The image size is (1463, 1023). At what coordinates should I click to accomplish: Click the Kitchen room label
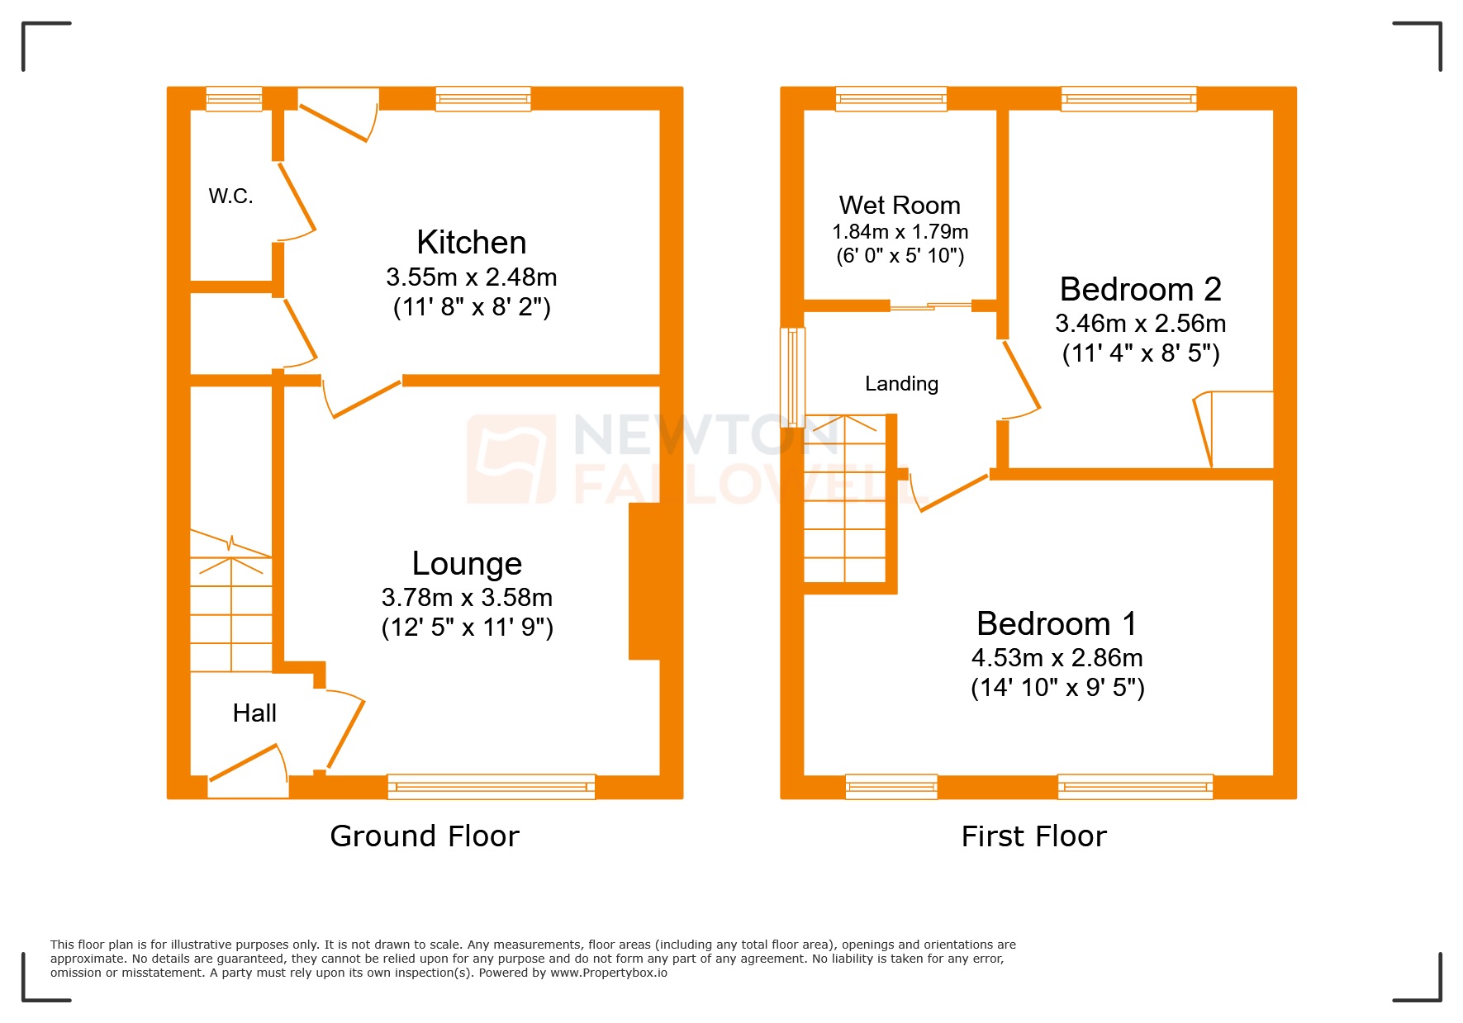[x=471, y=243]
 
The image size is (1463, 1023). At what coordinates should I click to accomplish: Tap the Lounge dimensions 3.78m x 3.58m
[x=467, y=597]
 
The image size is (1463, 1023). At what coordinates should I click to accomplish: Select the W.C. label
[x=230, y=197]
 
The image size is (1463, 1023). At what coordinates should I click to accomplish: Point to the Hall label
[x=254, y=713]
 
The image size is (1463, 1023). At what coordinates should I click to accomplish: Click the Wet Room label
[x=900, y=205]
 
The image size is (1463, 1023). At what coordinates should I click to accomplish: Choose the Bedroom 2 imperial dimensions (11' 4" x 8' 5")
[x=1140, y=353]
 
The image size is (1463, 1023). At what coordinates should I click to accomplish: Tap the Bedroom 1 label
[x=1057, y=623]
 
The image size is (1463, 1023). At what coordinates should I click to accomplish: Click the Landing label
[x=901, y=384]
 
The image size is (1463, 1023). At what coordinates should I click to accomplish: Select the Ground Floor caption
[x=425, y=836]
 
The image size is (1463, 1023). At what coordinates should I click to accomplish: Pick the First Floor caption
[x=1033, y=836]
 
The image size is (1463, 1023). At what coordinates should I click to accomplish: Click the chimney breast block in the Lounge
[x=645, y=581]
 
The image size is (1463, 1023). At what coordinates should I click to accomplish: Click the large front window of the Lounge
[x=491, y=787]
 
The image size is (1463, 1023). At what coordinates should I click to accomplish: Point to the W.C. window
[x=234, y=99]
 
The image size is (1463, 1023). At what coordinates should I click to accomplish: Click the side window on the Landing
[x=792, y=377]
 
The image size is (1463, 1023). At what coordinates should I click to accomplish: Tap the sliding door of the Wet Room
[x=930, y=306]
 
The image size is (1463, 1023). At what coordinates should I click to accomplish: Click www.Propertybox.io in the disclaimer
[x=609, y=973]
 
